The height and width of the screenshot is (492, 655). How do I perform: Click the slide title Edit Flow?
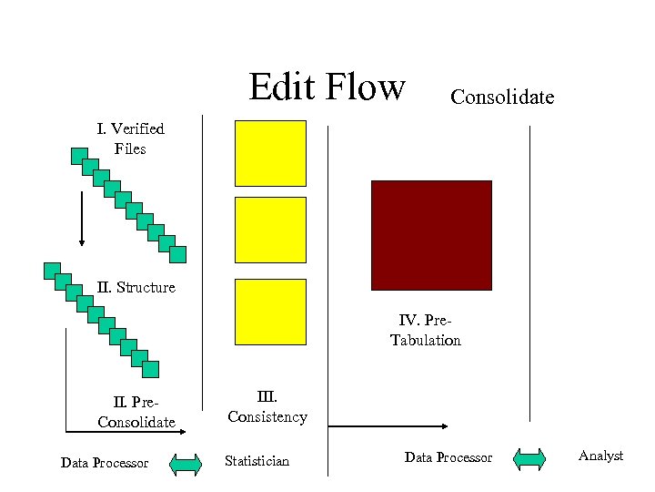coord(327,87)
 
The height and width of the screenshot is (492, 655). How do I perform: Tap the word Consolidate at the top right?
coord(502,97)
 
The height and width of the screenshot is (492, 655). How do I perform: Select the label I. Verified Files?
coord(130,138)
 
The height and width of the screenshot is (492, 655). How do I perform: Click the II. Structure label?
coord(136,287)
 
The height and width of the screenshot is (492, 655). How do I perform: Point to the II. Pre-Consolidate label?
coord(136,411)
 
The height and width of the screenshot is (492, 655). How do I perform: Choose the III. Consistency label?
coord(267,406)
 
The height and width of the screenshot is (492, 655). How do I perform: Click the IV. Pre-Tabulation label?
coord(426,330)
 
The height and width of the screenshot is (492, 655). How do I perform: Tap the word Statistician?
coord(257,461)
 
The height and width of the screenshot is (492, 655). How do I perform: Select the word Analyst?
coord(600,456)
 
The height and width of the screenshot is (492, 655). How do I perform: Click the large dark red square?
coord(431,235)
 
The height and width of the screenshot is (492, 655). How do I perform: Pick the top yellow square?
coord(271,153)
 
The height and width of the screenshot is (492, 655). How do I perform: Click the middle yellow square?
coord(271,230)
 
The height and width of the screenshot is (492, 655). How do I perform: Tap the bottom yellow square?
coord(271,312)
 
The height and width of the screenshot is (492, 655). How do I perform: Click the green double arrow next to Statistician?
coord(186,464)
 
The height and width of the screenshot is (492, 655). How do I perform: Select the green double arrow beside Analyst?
coord(529,459)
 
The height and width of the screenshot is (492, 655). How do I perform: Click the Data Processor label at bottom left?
coord(105,463)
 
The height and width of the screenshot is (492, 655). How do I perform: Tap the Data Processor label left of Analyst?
coord(448,457)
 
